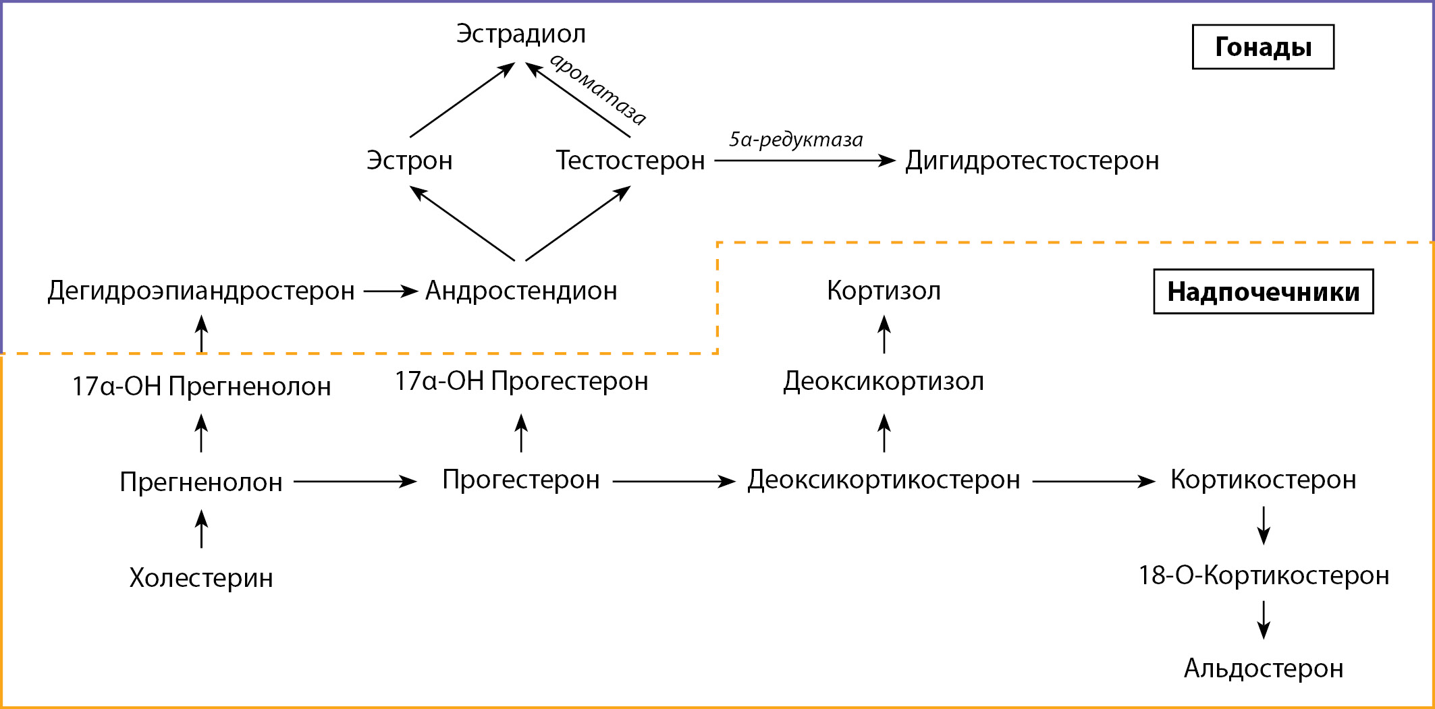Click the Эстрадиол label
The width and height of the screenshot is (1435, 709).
click(520, 34)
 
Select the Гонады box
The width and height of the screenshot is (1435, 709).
click(1263, 47)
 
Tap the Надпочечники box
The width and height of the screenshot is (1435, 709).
click(1263, 291)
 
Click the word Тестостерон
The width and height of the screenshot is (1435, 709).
click(630, 161)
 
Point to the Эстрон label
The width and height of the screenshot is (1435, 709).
click(409, 161)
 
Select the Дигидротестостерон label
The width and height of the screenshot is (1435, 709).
click(1032, 161)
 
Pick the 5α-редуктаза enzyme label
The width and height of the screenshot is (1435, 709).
click(795, 140)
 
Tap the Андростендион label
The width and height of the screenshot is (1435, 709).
click(521, 291)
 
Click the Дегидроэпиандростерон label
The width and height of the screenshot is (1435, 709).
click(201, 291)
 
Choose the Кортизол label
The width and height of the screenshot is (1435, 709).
click(884, 291)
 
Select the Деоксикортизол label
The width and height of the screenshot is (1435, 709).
click(884, 382)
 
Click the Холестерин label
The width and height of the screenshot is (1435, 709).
click(201, 578)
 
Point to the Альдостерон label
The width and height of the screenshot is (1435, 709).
click(1264, 669)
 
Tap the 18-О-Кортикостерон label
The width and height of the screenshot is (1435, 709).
click(1264, 575)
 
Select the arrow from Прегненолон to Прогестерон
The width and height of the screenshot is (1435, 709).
click(355, 482)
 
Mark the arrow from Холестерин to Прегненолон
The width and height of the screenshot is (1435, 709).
click(201, 529)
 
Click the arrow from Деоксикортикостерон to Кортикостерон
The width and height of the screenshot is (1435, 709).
click(1093, 482)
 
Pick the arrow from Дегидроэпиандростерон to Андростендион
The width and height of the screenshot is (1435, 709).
click(391, 291)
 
